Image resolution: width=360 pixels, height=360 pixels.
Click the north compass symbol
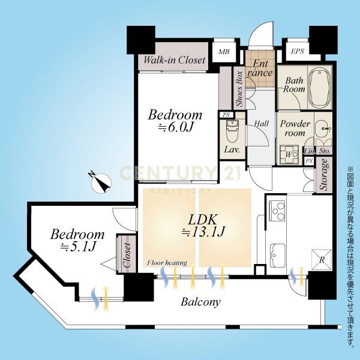point(101,184)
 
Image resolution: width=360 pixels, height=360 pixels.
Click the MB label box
point(224,52)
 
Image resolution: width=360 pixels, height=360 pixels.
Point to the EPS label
point(298,51)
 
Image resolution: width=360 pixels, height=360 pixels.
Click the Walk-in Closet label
point(174,60)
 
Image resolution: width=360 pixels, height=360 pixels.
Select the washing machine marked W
point(289,154)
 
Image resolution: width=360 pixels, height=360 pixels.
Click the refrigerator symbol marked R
point(322,259)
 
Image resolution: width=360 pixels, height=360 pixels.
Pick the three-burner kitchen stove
point(277,211)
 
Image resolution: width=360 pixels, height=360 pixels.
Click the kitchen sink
point(278,256)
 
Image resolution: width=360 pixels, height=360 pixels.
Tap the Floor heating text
point(167,263)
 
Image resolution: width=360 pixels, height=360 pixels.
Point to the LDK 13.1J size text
point(203,232)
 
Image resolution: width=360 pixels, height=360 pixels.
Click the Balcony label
point(200,302)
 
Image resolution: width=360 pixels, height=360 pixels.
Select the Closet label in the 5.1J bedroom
point(127,256)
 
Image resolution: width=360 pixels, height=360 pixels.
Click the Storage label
point(324,175)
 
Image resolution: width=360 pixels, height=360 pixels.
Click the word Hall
point(261,124)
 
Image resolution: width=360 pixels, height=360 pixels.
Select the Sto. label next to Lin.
point(325,151)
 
